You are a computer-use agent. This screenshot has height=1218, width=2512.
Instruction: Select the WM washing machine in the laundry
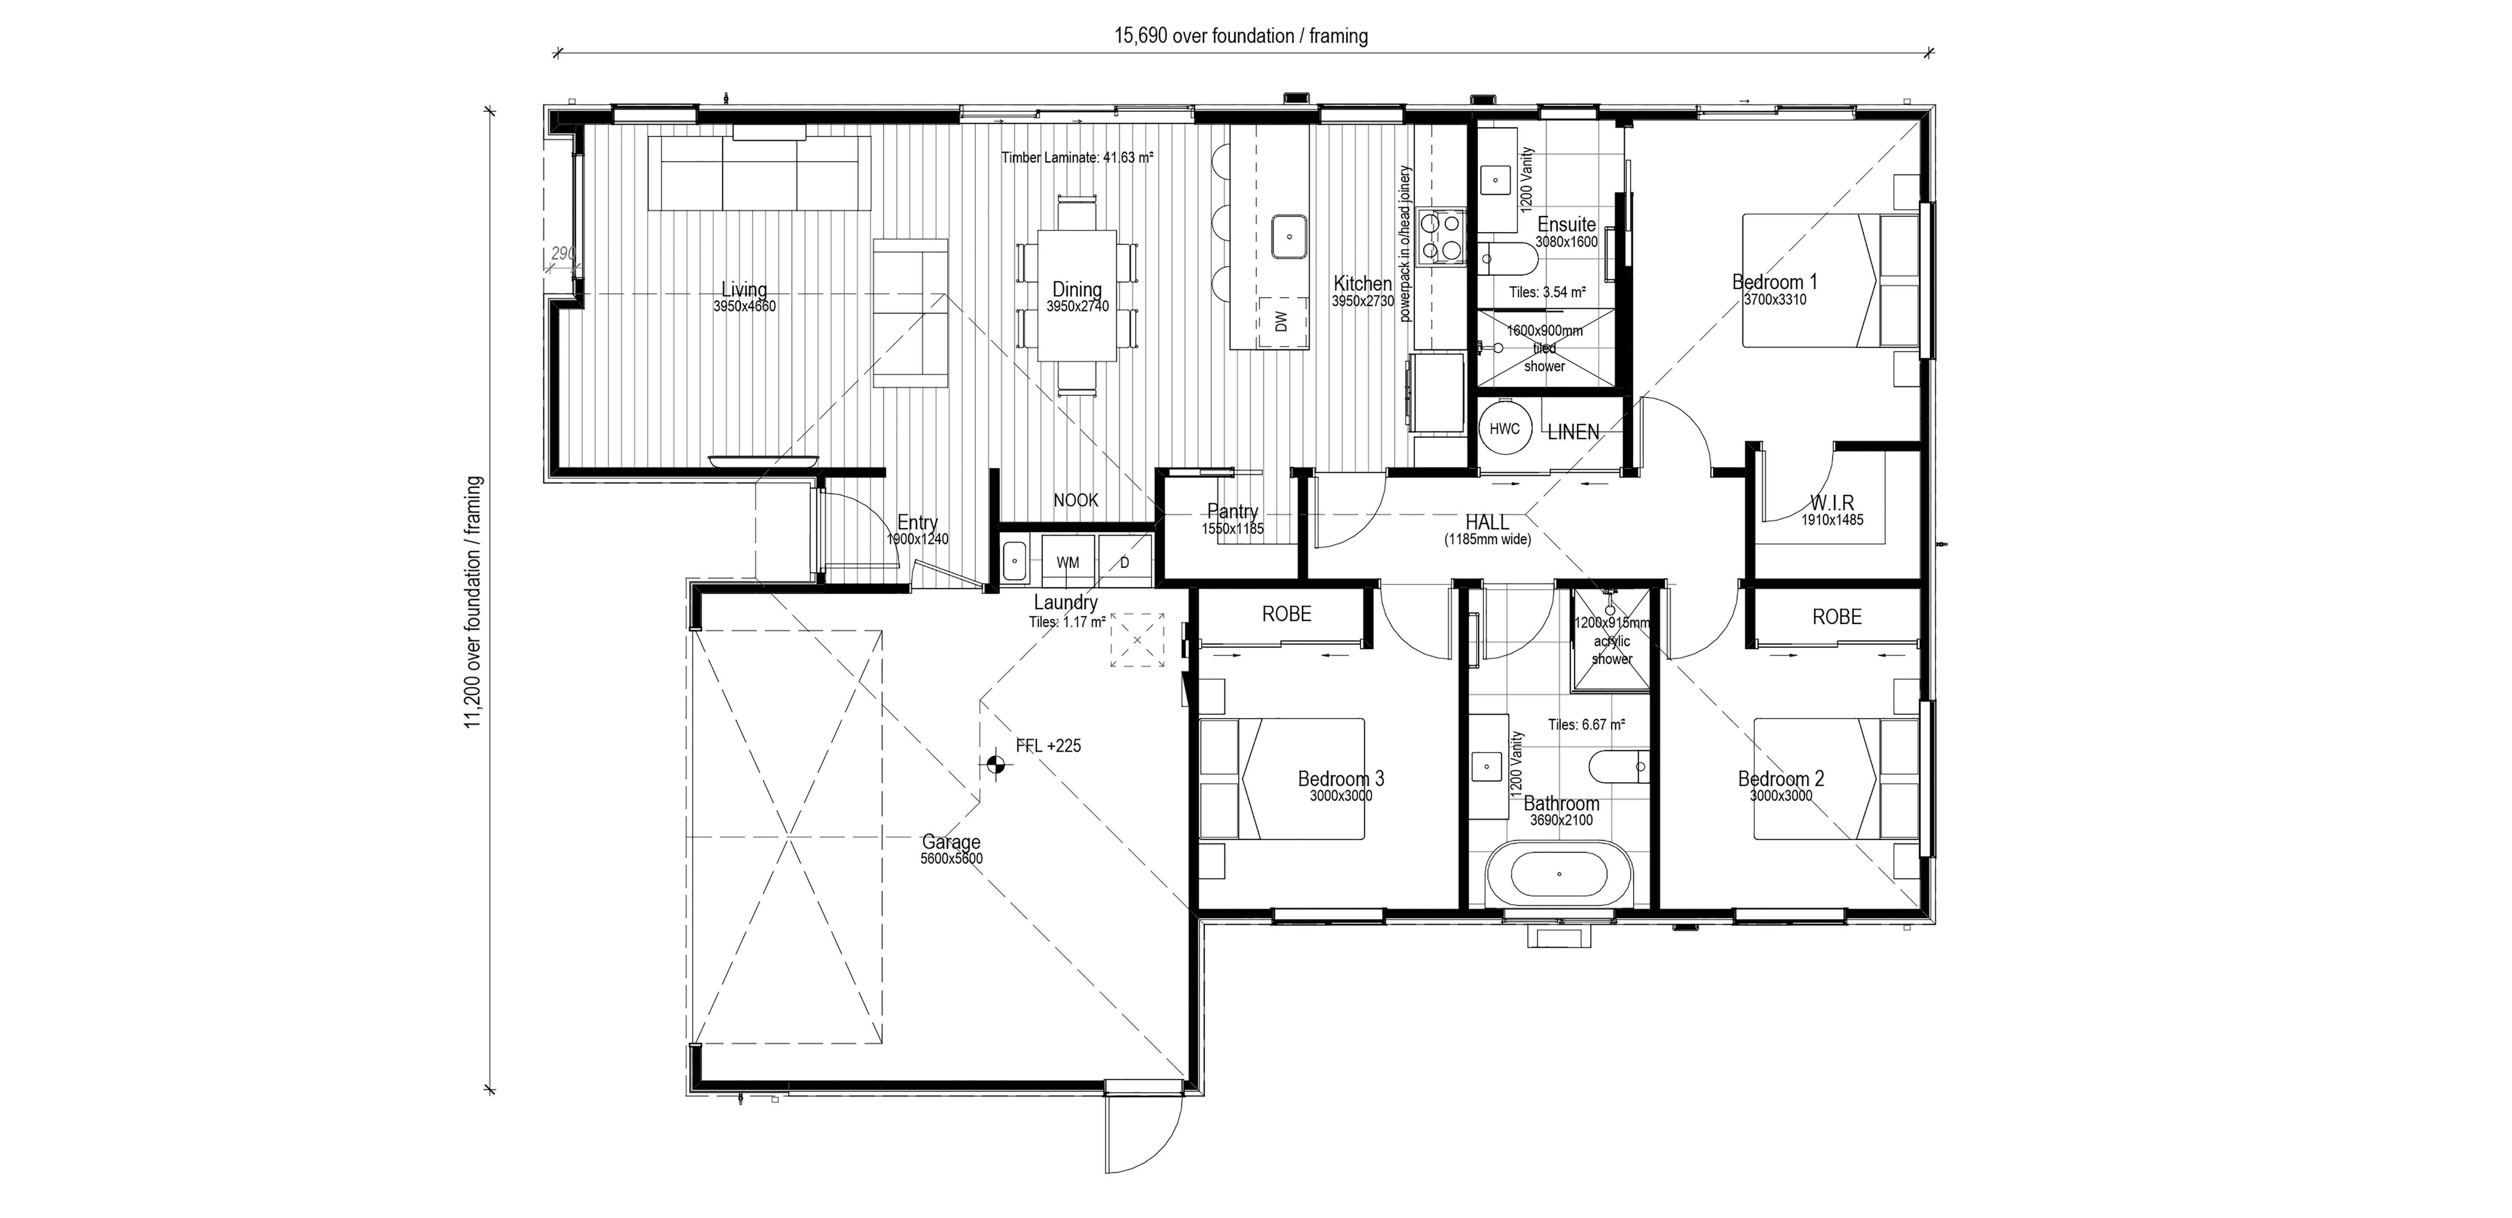(x=1068, y=562)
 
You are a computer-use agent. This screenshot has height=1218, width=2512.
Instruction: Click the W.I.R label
(x=1832, y=503)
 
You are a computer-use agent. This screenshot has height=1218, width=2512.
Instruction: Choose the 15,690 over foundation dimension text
(x=1242, y=36)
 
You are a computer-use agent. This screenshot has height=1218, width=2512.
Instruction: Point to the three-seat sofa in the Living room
(x=760, y=174)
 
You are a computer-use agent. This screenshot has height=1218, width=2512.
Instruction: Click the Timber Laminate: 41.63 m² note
(x=1077, y=157)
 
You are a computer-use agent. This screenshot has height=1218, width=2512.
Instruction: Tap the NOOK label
(x=1076, y=500)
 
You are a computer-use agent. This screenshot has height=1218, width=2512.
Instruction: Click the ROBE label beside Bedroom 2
(x=1837, y=616)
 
